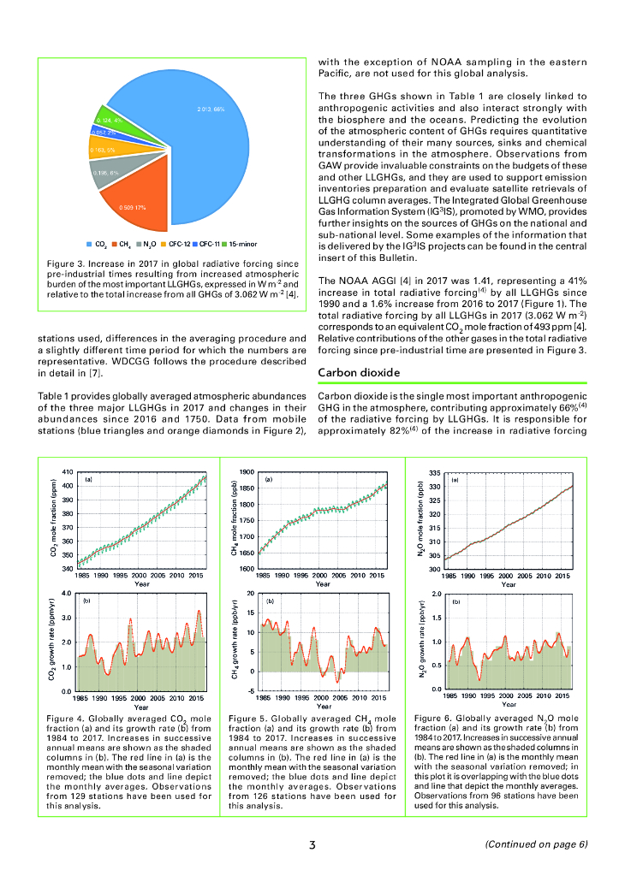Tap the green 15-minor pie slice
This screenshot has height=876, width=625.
(111, 121)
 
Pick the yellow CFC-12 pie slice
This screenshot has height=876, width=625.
(108, 149)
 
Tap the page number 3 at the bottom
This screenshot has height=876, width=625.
(313, 845)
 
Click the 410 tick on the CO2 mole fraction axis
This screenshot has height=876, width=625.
(68, 472)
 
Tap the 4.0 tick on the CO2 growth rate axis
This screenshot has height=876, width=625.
(68, 593)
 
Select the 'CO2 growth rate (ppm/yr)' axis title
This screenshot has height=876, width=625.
(53, 641)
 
